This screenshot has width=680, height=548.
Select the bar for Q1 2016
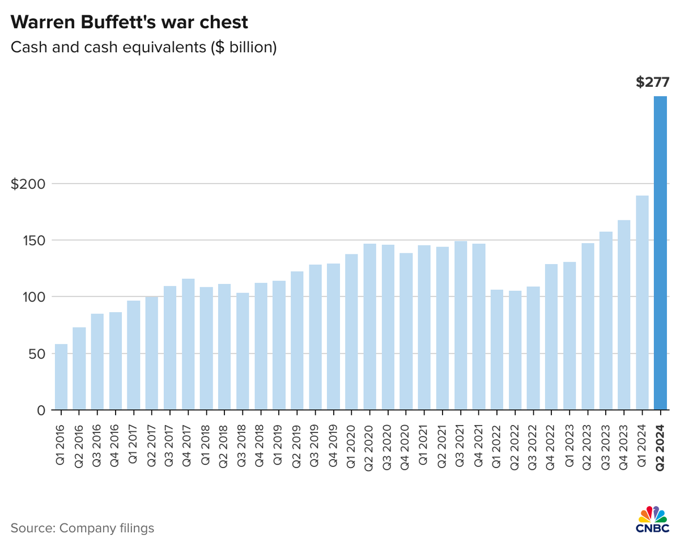click(x=61, y=377)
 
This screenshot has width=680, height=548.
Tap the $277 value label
click(x=652, y=82)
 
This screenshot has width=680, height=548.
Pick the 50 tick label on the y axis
click(x=37, y=353)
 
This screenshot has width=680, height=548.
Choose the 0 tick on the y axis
click(x=41, y=410)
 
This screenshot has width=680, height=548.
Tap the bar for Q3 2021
click(x=461, y=325)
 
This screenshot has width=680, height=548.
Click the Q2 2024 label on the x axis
click(x=661, y=448)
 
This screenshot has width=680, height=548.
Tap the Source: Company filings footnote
click(x=82, y=528)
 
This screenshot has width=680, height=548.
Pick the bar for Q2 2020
click(x=369, y=326)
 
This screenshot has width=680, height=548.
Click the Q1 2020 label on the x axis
click(x=351, y=448)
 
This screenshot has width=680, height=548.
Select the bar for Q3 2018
click(x=243, y=351)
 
